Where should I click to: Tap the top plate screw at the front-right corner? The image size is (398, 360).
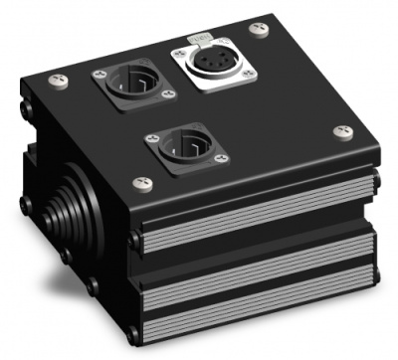pos(342,132)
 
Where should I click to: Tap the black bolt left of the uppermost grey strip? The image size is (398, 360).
pos(134,239)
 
